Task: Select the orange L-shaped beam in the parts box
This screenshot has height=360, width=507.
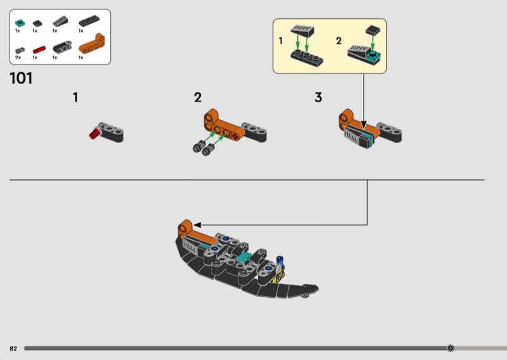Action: tap(91, 44)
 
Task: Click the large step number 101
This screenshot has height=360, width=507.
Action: tap(21, 79)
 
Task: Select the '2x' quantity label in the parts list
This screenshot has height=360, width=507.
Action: tap(18, 58)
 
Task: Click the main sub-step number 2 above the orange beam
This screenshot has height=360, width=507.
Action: tap(198, 98)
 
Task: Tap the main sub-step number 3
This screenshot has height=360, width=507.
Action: tap(318, 98)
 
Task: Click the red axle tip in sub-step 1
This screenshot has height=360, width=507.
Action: tap(94, 133)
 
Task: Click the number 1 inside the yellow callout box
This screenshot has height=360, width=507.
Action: tap(280, 41)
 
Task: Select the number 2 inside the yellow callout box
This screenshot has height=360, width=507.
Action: tap(338, 41)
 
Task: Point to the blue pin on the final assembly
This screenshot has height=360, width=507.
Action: tap(280, 260)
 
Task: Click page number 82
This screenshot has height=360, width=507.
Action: tap(13, 348)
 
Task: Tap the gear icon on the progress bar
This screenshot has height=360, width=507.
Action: tap(451, 348)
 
